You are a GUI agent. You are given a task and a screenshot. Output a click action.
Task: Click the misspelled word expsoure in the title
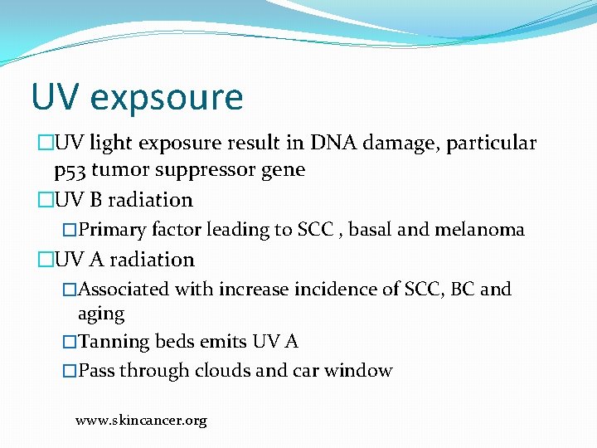pos(167,97)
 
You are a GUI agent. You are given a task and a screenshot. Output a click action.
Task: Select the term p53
pos(70,170)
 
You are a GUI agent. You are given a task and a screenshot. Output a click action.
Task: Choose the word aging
pos(101,314)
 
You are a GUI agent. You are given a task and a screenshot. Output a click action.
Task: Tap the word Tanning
pos(114,342)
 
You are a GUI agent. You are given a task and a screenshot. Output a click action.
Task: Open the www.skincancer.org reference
pos(141,421)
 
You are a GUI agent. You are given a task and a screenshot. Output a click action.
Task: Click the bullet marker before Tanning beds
pos(70,342)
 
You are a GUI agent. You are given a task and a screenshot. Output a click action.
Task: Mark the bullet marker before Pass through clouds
pos(70,370)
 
